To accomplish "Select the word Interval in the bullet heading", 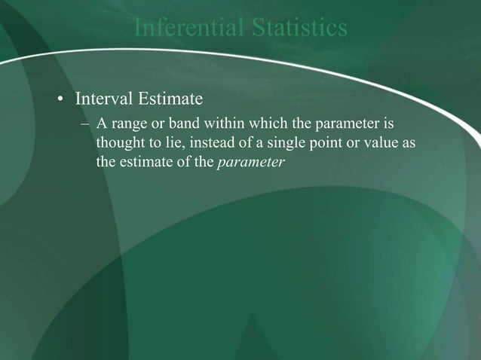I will pos(100,99).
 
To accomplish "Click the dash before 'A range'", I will pos(86,123).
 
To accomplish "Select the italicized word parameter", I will pos(250,162).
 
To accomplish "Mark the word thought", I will pos(119,142).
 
